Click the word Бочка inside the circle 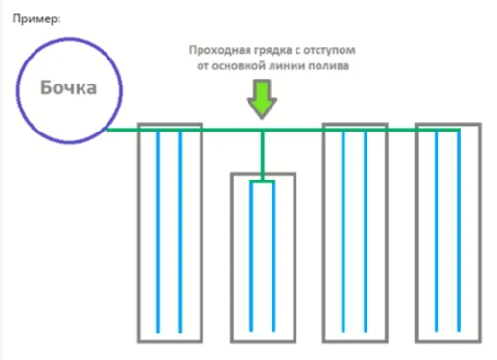[x=68, y=88]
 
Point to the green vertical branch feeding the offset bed [x=262, y=154]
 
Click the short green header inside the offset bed [x=262, y=180]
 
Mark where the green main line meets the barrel [x=107, y=129]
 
